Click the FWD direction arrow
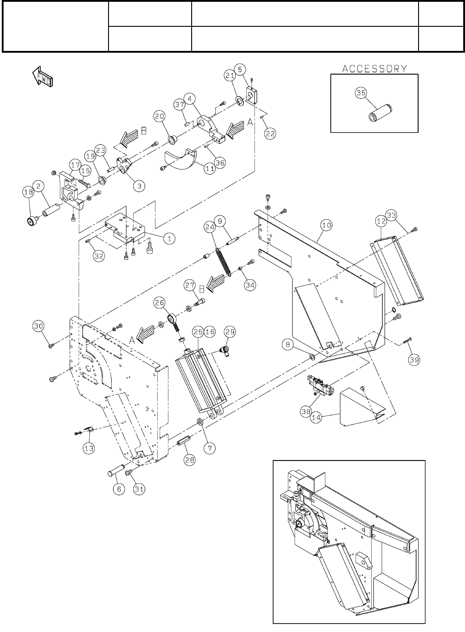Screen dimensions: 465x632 pyautogui.click(x=42, y=76)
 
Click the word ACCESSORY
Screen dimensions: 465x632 pyautogui.click(x=375, y=69)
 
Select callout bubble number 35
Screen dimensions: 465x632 pyautogui.click(x=361, y=93)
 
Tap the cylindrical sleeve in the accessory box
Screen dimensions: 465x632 pyautogui.click(x=380, y=113)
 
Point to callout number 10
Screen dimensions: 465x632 pyautogui.click(x=327, y=225)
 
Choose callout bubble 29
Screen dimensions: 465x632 pyautogui.click(x=230, y=332)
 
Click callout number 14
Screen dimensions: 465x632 pyautogui.click(x=316, y=417)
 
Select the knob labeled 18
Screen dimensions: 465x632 pyautogui.click(x=29, y=221)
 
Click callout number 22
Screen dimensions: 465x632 pyautogui.click(x=270, y=134)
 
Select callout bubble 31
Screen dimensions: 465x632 pyautogui.click(x=139, y=489)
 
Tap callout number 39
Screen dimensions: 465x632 pyautogui.click(x=414, y=360)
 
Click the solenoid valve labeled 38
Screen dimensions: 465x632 pyautogui.click(x=321, y=385)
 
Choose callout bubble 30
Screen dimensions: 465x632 pyautogui.click(x=38, y=326)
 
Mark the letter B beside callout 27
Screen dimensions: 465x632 pyautogui.click(x=202, y=289)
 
